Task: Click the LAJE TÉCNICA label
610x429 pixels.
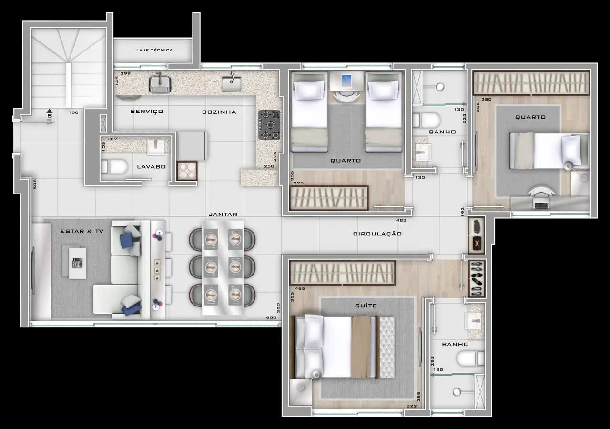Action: (154, 50)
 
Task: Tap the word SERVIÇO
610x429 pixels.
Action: (147, 112)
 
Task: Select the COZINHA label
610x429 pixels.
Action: (219, 112)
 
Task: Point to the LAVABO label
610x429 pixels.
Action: (152, 167)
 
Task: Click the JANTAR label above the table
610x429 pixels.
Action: (223, 214)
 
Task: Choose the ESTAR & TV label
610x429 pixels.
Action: (82, 231)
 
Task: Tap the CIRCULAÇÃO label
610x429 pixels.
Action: (377, 234)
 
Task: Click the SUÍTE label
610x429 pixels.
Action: (366, 306)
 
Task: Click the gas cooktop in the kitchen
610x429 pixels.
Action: (269, 125)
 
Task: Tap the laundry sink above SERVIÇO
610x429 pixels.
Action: (160, 83)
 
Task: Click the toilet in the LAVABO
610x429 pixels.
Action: (114, 166)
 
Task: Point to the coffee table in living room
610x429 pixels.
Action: (74, 262)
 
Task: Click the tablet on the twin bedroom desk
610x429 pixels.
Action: (346, 81)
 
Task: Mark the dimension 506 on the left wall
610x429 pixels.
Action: (35, 184)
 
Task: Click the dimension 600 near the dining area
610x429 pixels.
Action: (271, 317)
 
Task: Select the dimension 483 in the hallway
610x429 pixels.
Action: (401, 220)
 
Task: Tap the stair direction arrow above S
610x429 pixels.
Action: (49, 111)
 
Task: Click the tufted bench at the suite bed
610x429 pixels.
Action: (387, 347)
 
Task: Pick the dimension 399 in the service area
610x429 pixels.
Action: (125, 73)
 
